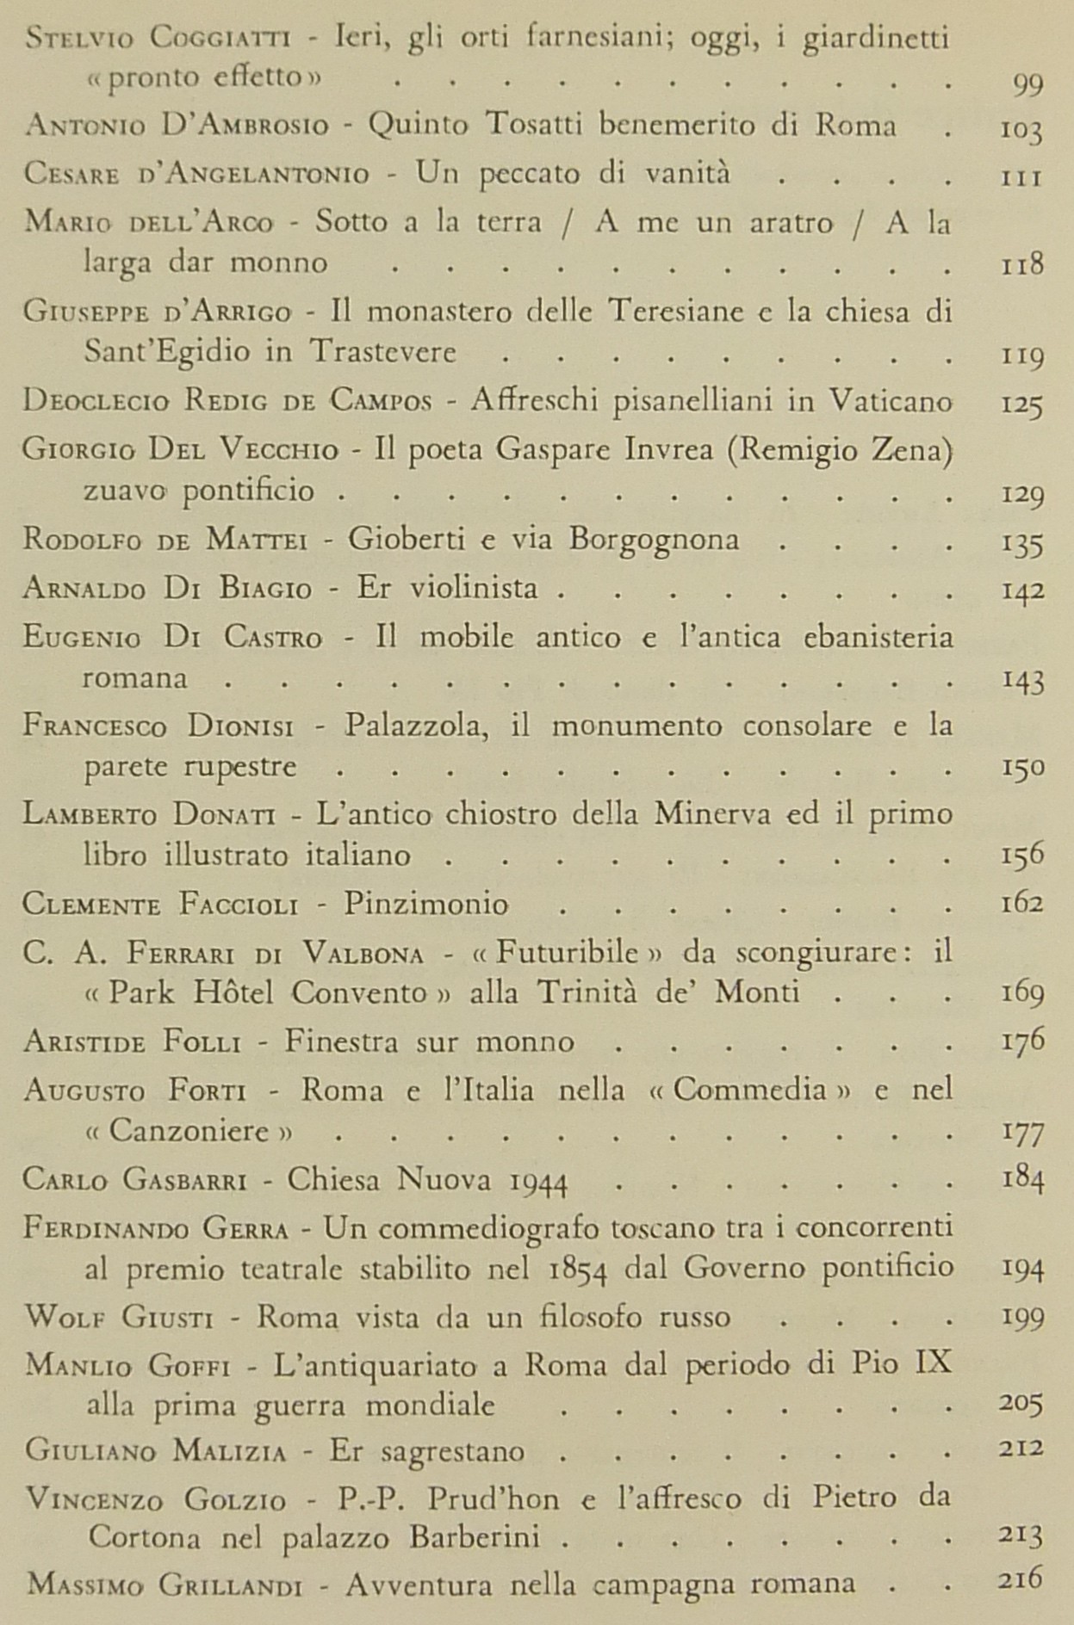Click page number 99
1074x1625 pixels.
(x=1024, y=83)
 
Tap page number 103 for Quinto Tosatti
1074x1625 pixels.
(x=1022, y=130)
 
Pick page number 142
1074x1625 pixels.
(x=1023, y=590)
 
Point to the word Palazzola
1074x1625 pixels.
(x=418, y=726)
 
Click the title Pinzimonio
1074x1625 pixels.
(x=426, y=904)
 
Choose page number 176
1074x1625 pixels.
(x=1023, y=1040)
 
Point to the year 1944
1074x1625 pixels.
(x=537, y=1181)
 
